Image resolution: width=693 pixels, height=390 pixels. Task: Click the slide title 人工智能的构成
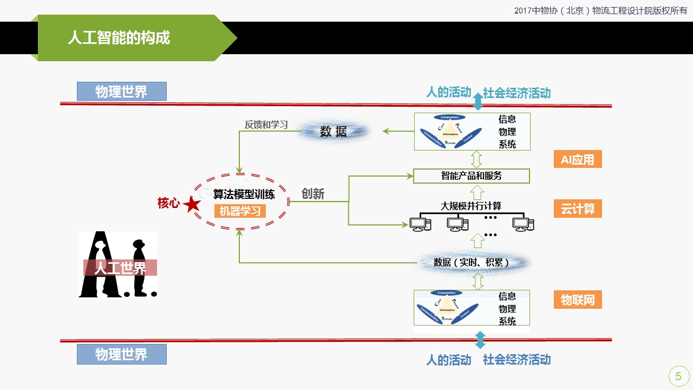(119, 38)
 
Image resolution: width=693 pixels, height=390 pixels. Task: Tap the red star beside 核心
(192, 204)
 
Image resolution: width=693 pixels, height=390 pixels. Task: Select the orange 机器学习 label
(240, 211)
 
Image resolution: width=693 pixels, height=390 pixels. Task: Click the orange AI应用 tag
(577, 160)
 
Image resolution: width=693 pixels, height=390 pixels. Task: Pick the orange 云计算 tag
(577, 209)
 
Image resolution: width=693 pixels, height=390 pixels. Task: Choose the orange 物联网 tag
(577, 300)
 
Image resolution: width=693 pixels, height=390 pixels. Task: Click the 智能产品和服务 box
(471, 176)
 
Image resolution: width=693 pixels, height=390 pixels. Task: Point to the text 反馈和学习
(266, 125)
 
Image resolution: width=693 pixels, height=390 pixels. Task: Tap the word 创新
(313, 194)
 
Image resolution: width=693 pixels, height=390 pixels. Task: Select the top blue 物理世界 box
(121, 92)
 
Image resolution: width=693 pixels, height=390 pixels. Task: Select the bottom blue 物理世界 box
(121, 355)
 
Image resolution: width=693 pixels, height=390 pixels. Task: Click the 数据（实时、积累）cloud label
(472, 263)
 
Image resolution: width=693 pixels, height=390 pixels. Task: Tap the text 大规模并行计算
(471, 206)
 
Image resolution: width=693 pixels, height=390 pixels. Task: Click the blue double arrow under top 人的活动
(478, 101)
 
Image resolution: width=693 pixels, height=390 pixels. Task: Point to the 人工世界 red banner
(120, 268)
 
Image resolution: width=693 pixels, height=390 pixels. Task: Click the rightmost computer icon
(523, 223)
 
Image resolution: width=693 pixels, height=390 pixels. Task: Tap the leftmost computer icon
(420, 223)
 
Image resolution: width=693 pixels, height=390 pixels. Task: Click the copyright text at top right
(600, 10)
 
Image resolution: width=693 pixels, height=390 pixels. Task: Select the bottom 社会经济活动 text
(517, 360)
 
